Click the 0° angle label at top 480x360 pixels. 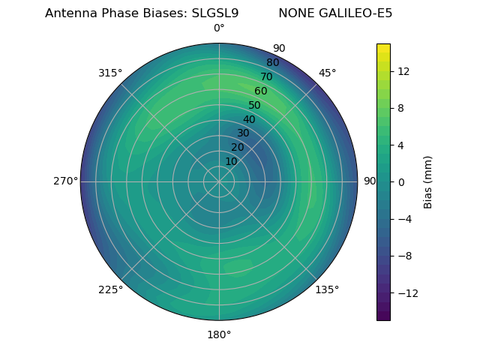[x=219, y=28]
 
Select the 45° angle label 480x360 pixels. [x=327, y=73]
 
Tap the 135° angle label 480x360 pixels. [x=327, y=289]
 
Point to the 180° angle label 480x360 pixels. [x=219, y=334]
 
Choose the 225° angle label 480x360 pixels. [x=110, y=289]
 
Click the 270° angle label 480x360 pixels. [x=65, y=181]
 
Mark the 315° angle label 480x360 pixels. [x=110, y=73]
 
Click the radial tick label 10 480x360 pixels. [x=231, y=161]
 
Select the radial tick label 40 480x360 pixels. [x=249, y=119]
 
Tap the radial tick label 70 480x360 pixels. [x=266, y=76]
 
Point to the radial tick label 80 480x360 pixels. [x=272, y=62]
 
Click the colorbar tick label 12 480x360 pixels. [x=403, y=71]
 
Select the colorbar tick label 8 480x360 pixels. [x=400, y=108]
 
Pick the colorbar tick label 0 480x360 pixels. [x=400, y=181]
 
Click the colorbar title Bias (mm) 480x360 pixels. [x=428, y=181]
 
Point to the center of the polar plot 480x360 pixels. [x=219, y=181]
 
